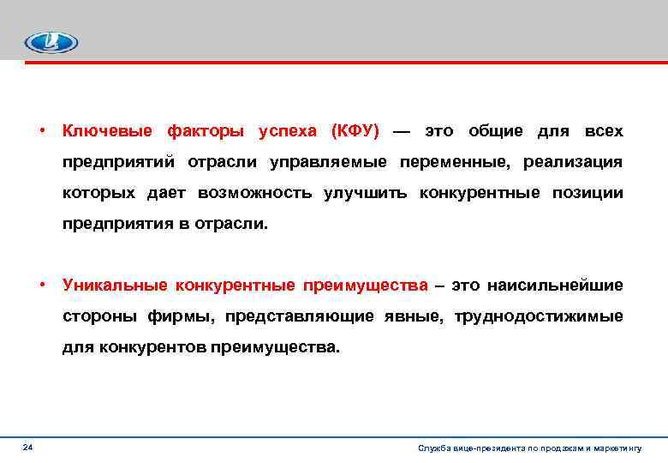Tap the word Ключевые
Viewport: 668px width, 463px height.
coord(107,131)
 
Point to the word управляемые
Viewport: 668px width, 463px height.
coord(327,162)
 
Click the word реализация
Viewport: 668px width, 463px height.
coord(574,162)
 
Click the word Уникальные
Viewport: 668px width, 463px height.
coord(114,285)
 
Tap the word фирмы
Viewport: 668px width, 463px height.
coord(188,316)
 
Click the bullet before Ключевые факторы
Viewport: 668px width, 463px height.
coord(41,131)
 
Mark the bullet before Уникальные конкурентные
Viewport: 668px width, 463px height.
coord(41,285)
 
